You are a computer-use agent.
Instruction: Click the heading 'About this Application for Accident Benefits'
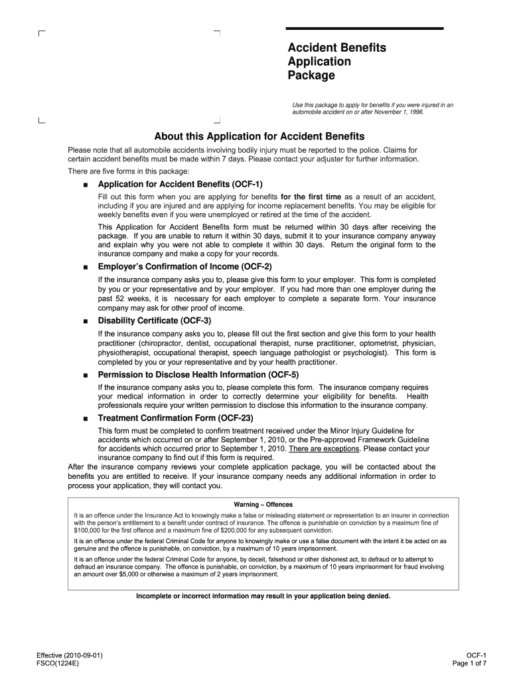point(259,136)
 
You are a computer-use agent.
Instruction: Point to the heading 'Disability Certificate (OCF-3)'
point(154,320)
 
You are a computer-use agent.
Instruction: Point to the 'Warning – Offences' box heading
point(263,504)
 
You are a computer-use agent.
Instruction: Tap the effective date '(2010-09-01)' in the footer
point(84,654)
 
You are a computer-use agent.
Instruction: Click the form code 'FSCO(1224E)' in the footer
point(58,663)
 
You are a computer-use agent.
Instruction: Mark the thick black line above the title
point(364,29)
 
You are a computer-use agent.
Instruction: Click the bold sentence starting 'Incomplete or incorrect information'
point(263,596)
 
